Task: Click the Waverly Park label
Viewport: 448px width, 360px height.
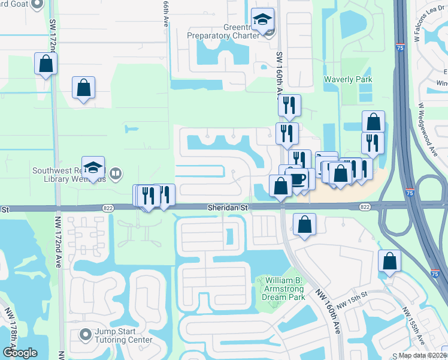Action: click(x=347, y=79)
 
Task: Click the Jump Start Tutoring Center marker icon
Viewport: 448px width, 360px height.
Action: click(x=84, y=334)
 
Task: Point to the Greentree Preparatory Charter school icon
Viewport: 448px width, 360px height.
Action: click(x=262, y=22)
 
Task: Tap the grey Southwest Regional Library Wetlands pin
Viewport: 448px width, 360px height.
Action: click(x=116, y=174)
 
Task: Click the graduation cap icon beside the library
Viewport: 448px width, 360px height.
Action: click(x=93, y=168)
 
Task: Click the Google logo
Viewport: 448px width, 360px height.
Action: click(x=19, y=352)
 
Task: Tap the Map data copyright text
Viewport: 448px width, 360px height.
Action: click(x=422, y=355)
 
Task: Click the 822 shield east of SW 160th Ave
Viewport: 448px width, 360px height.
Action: click(x=365, y=206)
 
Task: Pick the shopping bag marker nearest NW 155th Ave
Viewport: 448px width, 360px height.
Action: click(x=389, y=262)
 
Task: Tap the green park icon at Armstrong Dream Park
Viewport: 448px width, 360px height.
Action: click(x=260, y=281)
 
